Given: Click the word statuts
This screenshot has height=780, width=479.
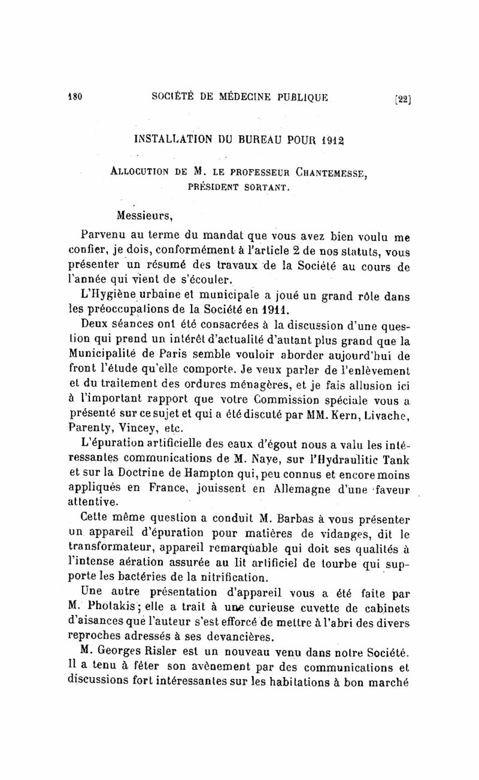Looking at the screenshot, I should (347, 251).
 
